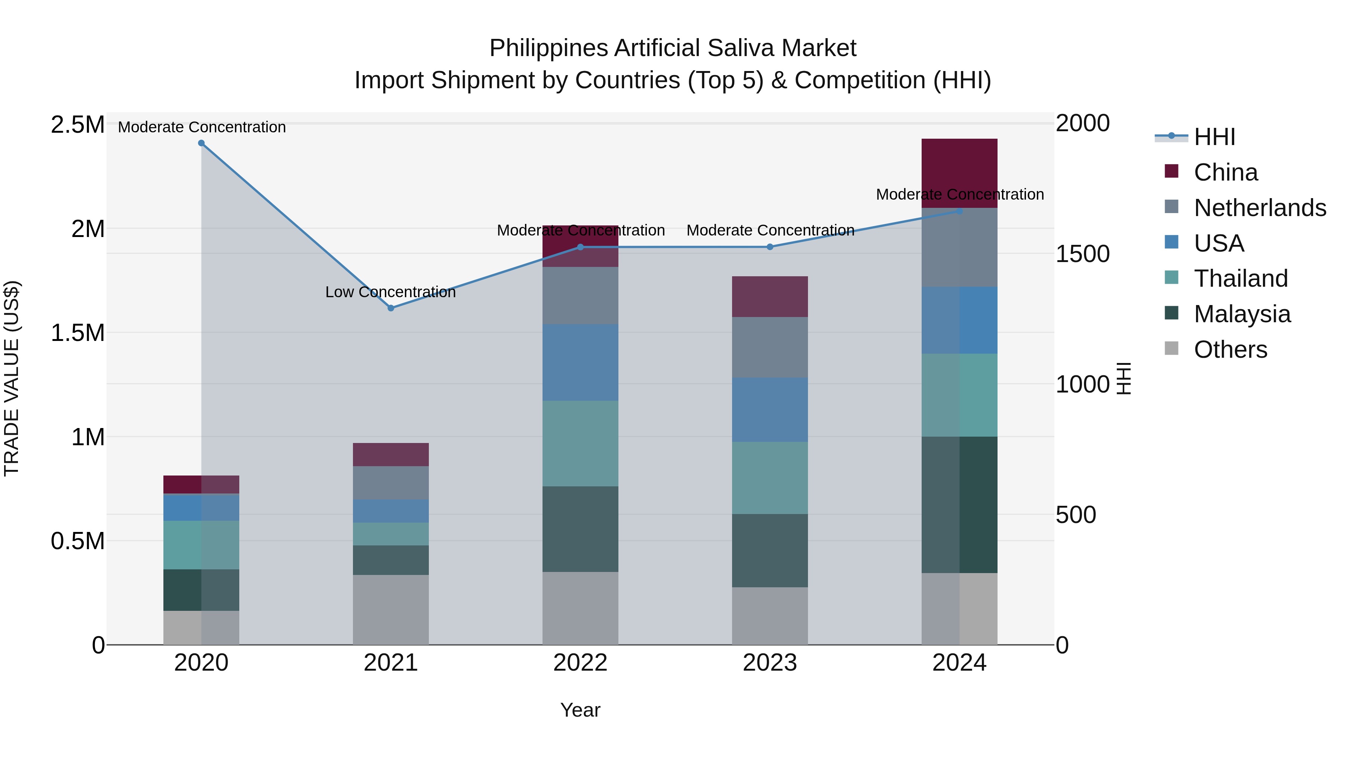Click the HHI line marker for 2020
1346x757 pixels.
(x=201, y=143)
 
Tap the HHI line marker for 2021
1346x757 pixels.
(x=391, y=308)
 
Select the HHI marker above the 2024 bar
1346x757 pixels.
(x=959, y=212)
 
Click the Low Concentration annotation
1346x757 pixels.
(x=390, y=292)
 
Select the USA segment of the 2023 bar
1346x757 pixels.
(x=770, y=410)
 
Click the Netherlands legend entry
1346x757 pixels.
(x=1259, y=208)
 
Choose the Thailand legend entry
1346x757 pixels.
(x=1241, y=279)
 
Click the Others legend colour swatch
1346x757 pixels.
(x=1171, y=348)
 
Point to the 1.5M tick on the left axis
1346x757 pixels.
(x=77, y=333)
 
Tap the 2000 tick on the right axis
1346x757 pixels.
(x=1082, y=124)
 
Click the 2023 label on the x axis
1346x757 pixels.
(x=770, y=663)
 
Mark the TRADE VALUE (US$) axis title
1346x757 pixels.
(x=12, y=378)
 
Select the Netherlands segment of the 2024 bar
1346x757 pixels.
(x=959, y=247)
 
